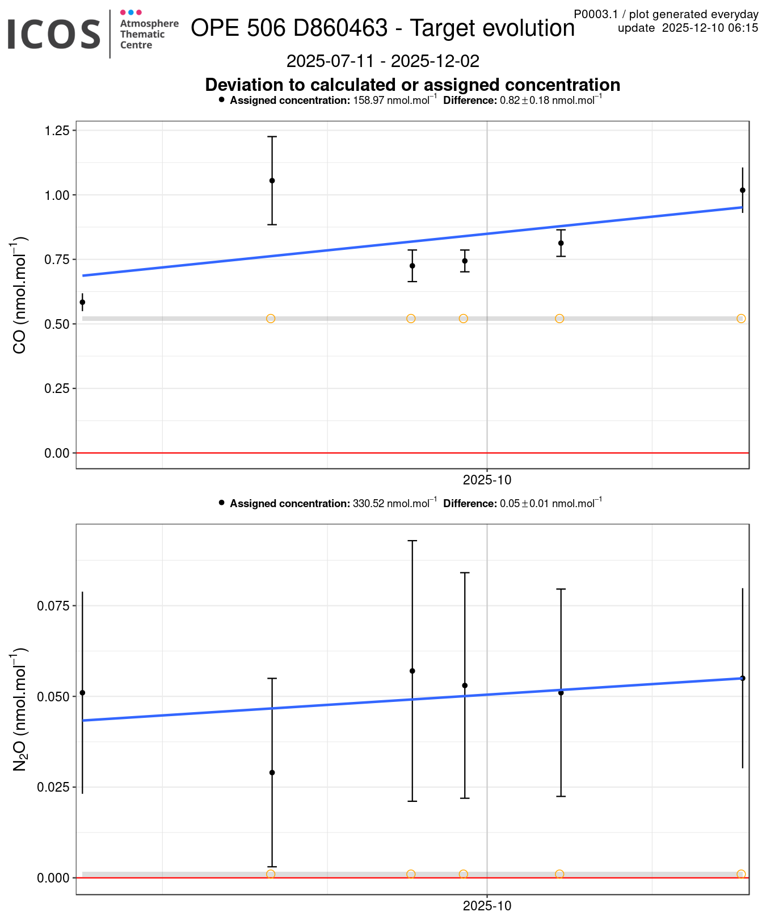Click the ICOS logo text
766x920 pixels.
click(54, 34)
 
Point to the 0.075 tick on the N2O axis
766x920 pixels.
click(53, 606)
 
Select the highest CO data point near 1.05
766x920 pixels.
click(272, 181)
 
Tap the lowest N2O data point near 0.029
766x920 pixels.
click(272, 772)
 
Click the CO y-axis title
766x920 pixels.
click(19, 295)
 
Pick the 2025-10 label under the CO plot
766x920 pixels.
click(487, 480)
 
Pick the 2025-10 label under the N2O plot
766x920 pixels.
click(487, 906)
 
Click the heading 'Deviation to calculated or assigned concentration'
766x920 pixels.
click(413, 85)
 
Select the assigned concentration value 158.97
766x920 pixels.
click(369, 101)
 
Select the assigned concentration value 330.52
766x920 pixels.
click(369, 504)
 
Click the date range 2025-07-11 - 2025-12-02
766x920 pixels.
click(383, 61)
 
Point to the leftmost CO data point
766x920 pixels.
click(82, 302)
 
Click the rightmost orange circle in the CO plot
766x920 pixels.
click(741, 319)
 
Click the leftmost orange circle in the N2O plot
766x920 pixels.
click(271, 874)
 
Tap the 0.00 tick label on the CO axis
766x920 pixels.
click(57, 453)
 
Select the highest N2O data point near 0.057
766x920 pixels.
click(413, 671)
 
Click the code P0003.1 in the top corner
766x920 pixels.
click(595, 14)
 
